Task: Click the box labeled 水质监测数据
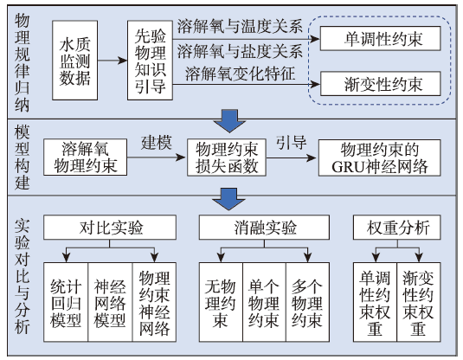tap(74, 61)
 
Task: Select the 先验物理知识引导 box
tap(150, 61)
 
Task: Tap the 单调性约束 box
tap(380, 38)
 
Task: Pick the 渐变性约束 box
tap(380, 84)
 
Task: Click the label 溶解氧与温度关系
tap(240, 26)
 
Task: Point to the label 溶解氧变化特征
tap(240, 74)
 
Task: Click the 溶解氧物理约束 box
tap(86, 157)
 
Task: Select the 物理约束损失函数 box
tap(227, 157)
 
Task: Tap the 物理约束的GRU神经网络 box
tap(379, 157)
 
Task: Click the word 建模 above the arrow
tap(156, 144)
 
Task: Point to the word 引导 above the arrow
tap(291, 143)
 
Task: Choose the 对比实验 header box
tap(110, 227)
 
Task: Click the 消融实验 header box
tap(264, 227)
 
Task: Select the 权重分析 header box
tap(397, 227)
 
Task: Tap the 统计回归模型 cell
tap(66, 302)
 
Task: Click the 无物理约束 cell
tap(221, 302)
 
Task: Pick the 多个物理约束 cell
tap(307, 302)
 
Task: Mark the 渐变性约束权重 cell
tap(419, 302)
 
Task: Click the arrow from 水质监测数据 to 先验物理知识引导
tap(113, 61)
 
